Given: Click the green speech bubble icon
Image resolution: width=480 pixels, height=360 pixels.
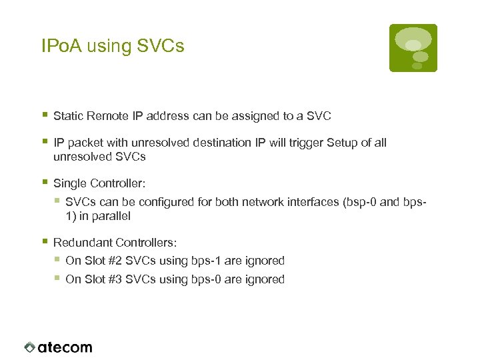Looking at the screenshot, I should (x=413, y=48).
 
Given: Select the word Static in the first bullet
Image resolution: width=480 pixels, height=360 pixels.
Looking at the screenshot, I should (x=68, y=116).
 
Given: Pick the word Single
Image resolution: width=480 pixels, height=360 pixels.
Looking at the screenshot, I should (x=69, y=183).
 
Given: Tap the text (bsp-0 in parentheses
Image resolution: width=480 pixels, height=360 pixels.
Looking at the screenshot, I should (x=359, y=202).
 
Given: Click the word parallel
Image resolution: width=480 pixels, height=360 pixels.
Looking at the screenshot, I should (x=111, y=216).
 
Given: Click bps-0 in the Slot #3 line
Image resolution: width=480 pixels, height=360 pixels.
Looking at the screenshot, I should (x=205, y=279).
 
